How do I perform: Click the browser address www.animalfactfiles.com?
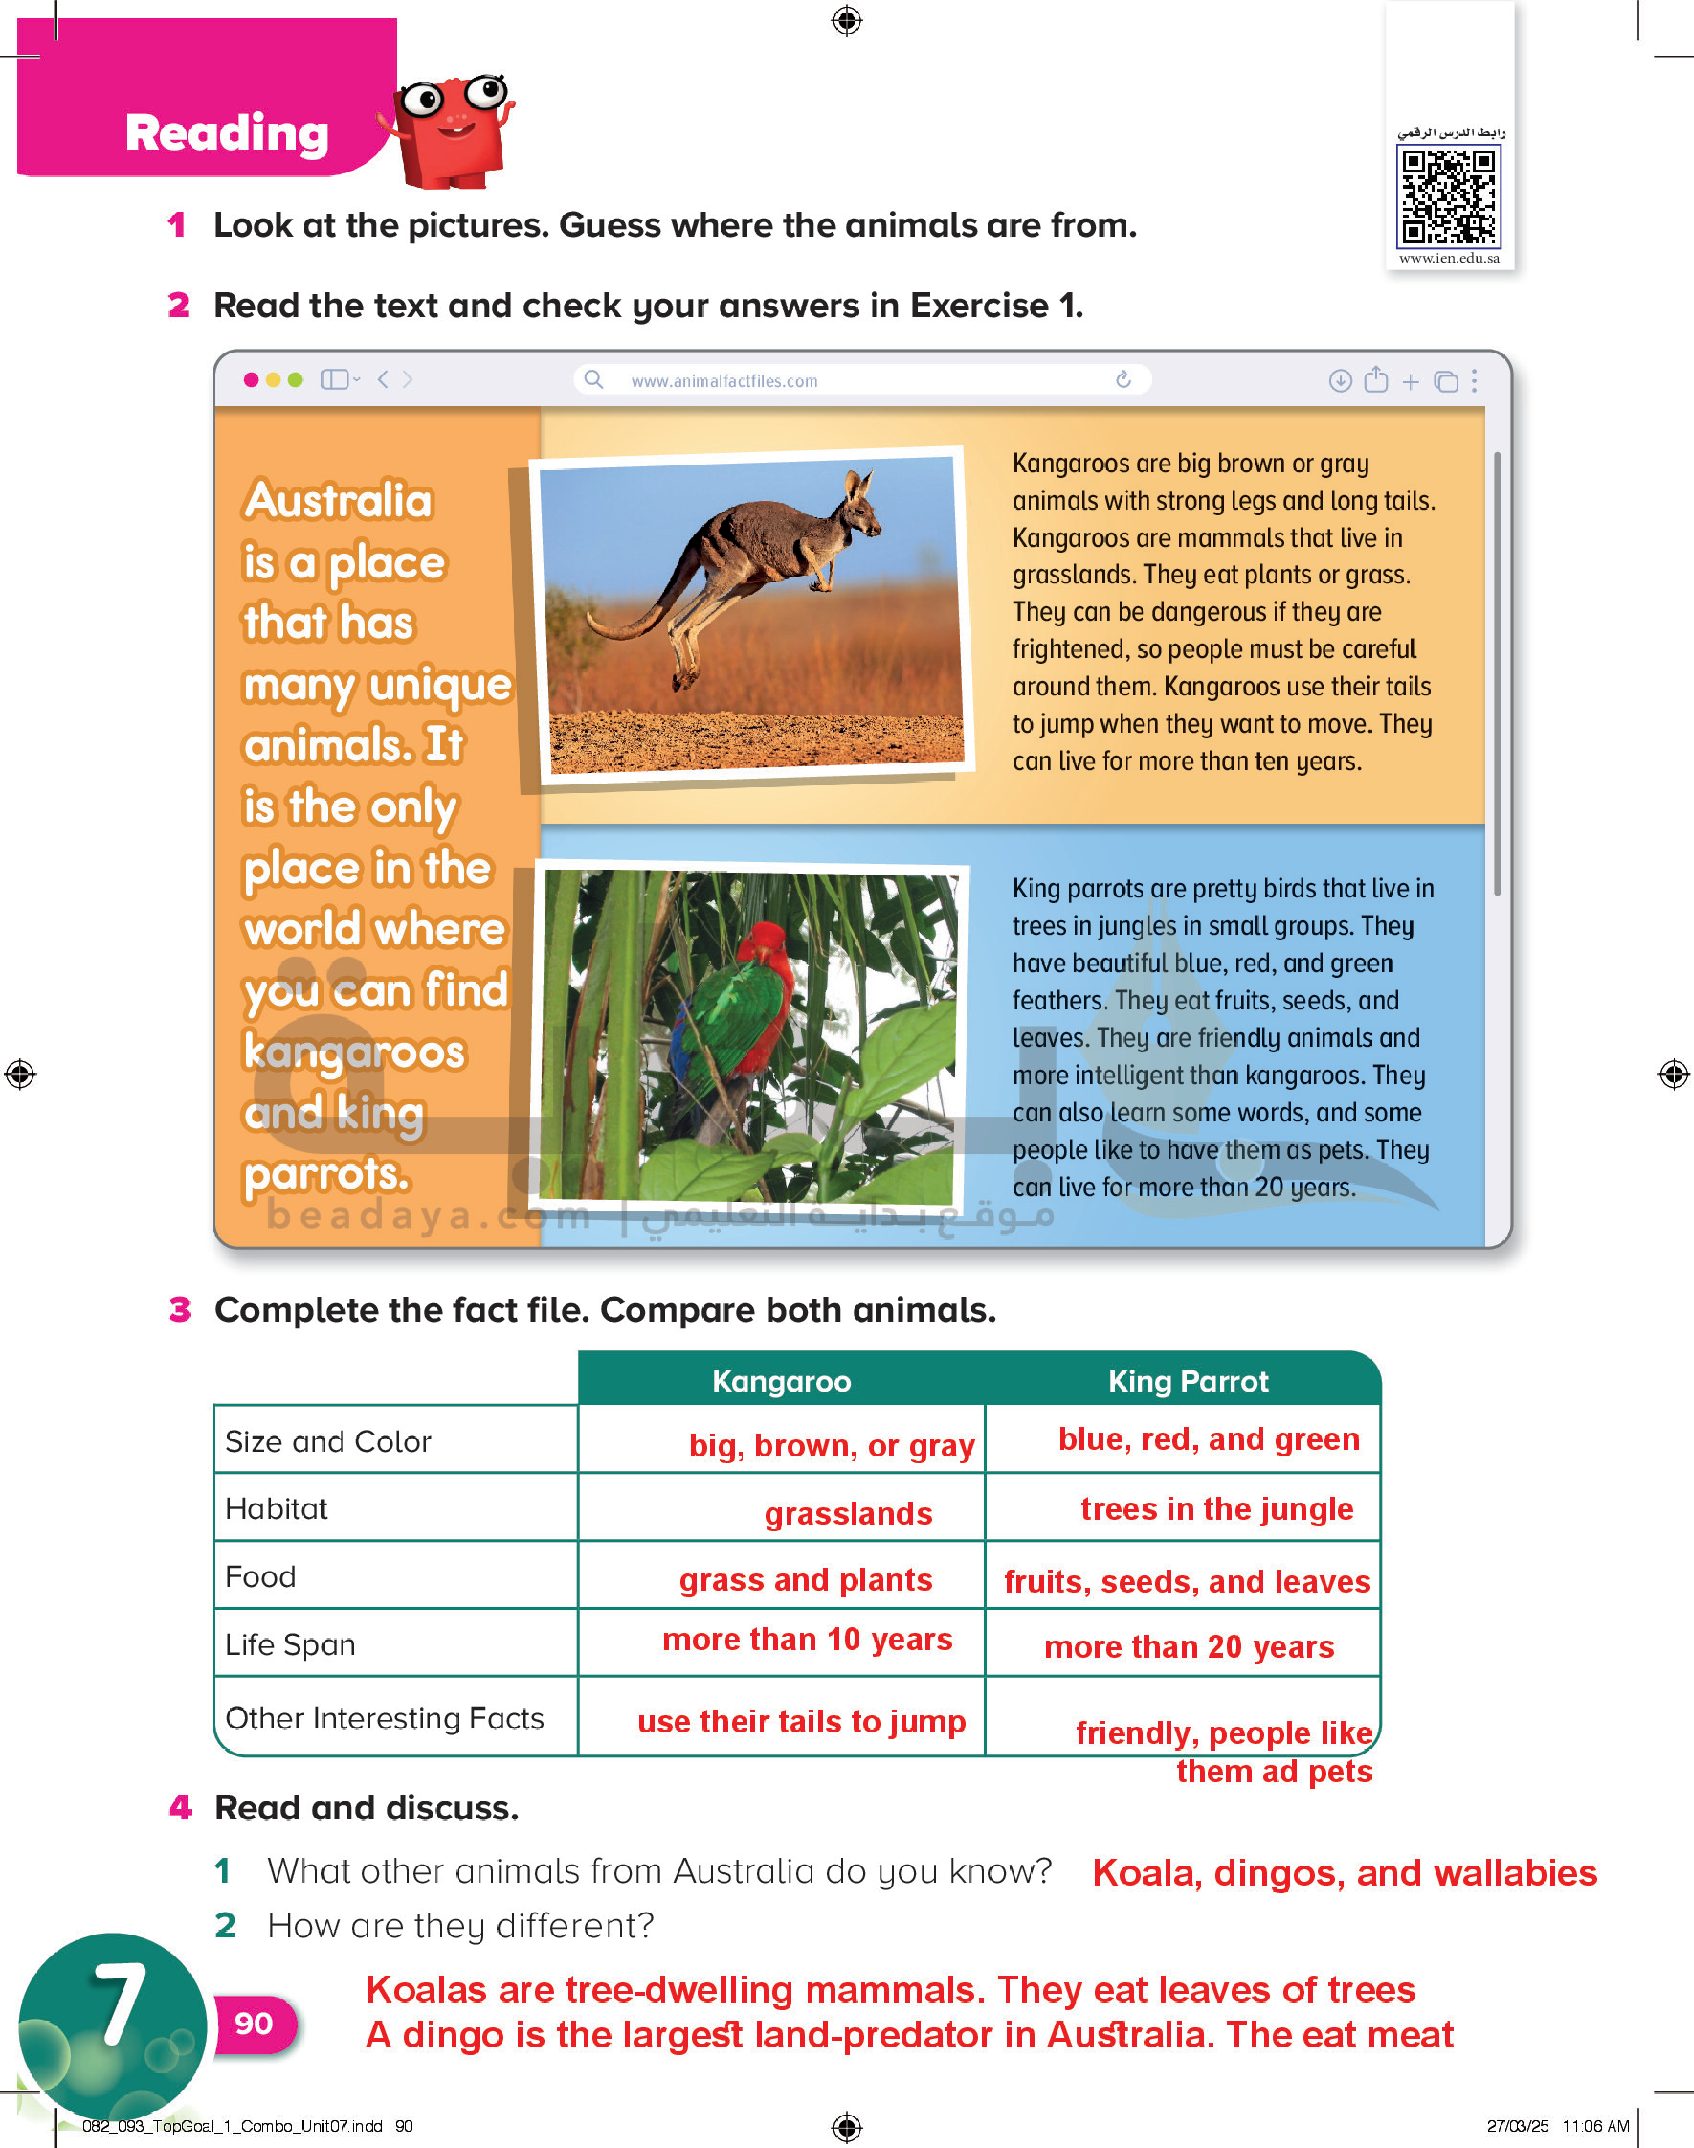click(724, 381)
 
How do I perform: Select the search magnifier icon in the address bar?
click(593, 379)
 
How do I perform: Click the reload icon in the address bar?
click(1123, 379)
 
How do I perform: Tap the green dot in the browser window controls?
click(295, 379)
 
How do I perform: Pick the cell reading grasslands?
click(848, 1513)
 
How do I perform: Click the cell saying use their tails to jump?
click(801, 1721)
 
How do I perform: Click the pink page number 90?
click(254, 2023)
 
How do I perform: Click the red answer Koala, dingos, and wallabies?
click(1344, 1872)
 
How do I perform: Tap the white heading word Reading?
click(227, 133)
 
